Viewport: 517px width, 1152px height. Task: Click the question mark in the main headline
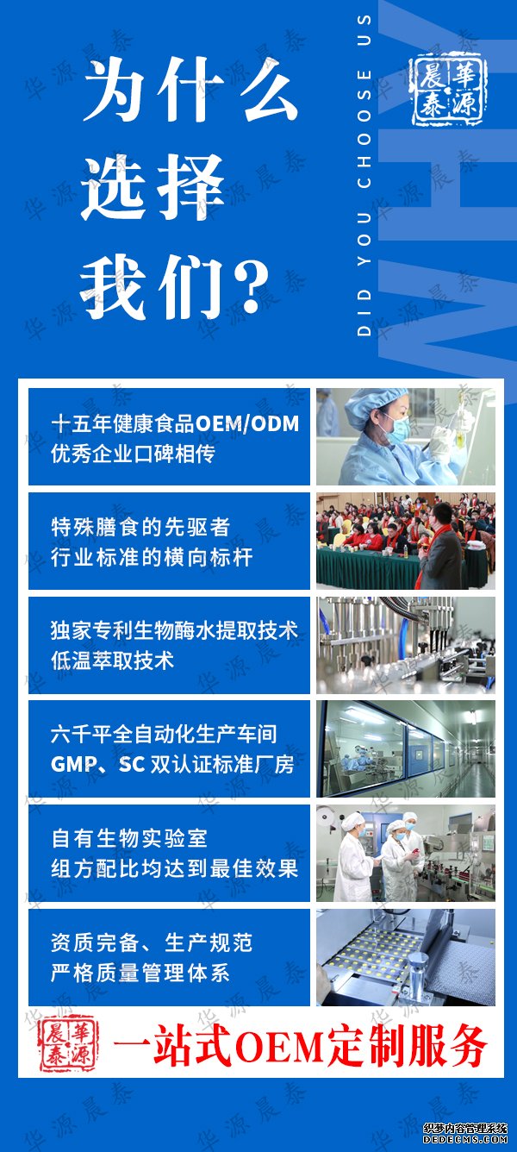pyautogui.click(x=252, y=287)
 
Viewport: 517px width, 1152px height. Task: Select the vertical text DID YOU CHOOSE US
pyautogui.click(x=364, y=175)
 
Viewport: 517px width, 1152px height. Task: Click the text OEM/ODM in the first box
pyautogui.click(x=247, y=423)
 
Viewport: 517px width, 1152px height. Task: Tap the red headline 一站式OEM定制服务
pyautogui.click(x=299, y=1044)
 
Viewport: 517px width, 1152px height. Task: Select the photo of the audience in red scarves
pyautogui.click(x=406, y=541)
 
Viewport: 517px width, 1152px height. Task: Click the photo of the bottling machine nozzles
pyautogui.click(x=406, y=646)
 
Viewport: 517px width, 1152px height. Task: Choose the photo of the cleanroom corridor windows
pyautogui.click(x=406, y=748)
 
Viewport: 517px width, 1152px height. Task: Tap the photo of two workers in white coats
pyautogui.click(x=406, y=853)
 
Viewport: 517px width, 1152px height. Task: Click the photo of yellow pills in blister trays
pyautogui.click(x=406, y=958)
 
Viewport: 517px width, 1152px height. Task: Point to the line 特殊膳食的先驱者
pyautogui.click(x=140, y=527)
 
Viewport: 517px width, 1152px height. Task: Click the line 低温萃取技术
pyautogui.click(x=113, y=661)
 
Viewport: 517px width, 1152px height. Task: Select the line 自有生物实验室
pyautogui.click(x=129, y=839)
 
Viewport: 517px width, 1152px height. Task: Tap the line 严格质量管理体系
pyautogui.click(x=140, y=973)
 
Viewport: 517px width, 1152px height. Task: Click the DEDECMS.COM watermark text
pyautogui.click(x=465, y=1139)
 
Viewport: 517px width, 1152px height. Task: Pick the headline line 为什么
pyautogui.click(x=190, y=90)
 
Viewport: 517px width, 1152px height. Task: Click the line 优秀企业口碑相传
pyautogui.click(x=133, y=454)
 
